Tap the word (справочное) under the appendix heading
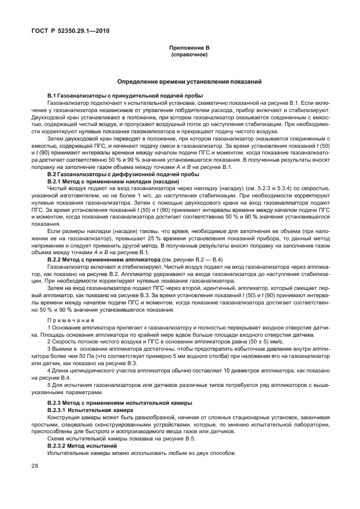(189, 55)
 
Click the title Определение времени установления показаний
(189, 81)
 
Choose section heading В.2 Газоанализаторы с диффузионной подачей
(120, 174)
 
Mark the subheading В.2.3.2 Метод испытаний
(82, 446)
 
